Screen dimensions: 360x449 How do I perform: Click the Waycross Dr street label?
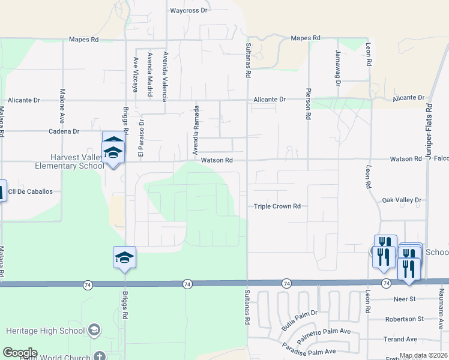coord(188,11)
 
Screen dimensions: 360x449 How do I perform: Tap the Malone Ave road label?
coord(62,103)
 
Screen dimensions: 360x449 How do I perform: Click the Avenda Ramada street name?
coord(195,130)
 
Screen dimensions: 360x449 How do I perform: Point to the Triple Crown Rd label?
coord(277,206)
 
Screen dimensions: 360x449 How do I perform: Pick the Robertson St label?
coord(405,319)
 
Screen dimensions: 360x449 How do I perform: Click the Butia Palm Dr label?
coord(299,320)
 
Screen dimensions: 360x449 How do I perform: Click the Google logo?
coord(20,353)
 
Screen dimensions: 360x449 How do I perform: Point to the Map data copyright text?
coord(421,355)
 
